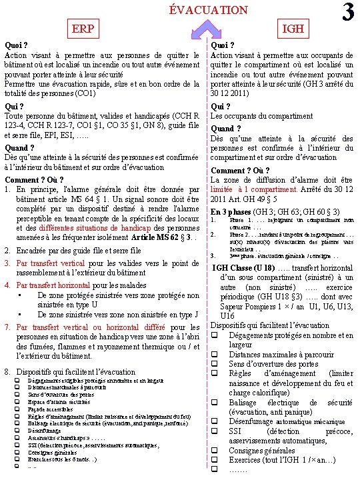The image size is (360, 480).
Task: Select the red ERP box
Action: [83, 28]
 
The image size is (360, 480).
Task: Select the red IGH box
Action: [293, 28]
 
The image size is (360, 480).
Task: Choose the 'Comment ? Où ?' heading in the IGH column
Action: [239, 169]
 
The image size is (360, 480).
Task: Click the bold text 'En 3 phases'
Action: [233, 211]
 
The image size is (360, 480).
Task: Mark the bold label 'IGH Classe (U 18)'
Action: [243, 268]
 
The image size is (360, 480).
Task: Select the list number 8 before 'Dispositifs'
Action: [7, 371]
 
